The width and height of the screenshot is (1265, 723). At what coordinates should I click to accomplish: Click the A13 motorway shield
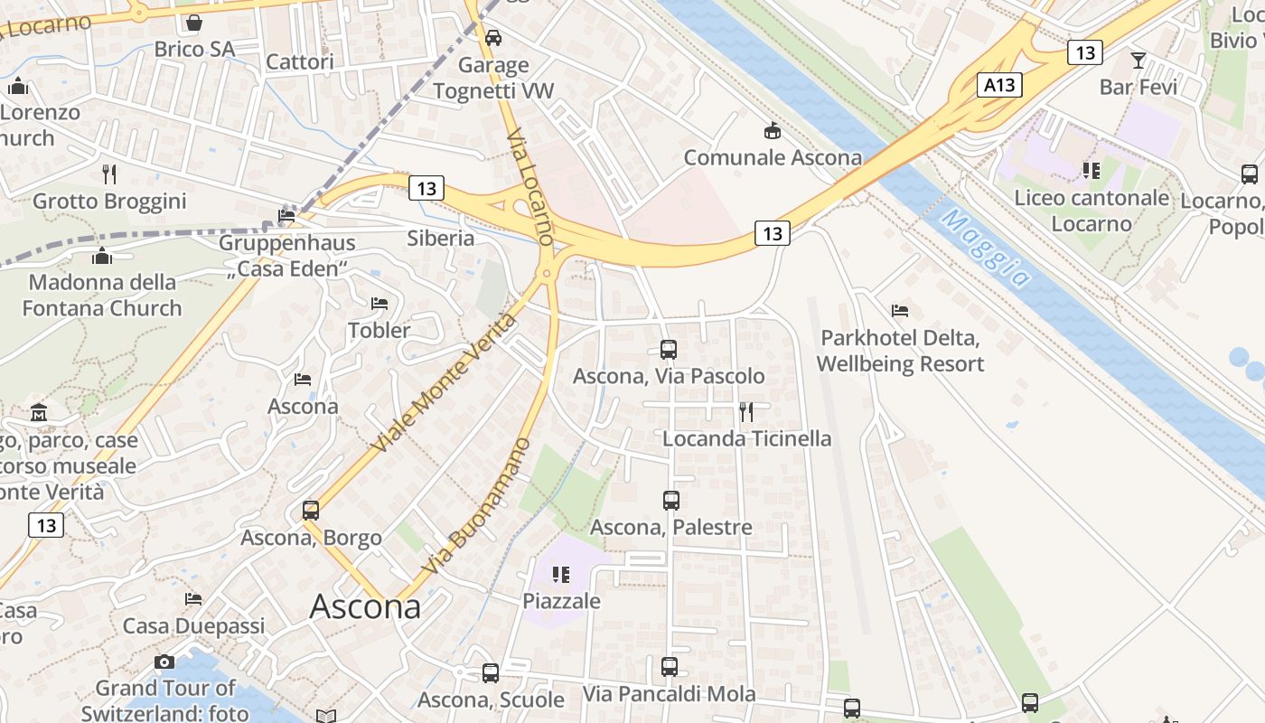1000,86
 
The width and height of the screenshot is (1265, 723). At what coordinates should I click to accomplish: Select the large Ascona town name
365,606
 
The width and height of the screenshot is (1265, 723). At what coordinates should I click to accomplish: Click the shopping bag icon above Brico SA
194,23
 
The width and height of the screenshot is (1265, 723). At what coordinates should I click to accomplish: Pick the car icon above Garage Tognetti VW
493,38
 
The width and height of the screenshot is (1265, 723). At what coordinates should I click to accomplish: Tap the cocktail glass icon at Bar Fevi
1138,61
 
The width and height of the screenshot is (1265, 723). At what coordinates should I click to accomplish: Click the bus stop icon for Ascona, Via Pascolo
669,349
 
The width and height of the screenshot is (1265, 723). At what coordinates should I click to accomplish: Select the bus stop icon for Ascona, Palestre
671,500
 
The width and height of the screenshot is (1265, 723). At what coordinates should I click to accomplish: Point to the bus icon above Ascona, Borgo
311,511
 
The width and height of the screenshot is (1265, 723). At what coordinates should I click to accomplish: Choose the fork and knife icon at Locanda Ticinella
746,412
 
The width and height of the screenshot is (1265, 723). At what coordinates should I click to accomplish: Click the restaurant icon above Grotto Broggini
109,174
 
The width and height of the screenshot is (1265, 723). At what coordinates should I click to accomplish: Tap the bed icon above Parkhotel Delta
900,311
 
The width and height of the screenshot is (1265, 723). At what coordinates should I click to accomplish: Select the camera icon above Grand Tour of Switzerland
164,662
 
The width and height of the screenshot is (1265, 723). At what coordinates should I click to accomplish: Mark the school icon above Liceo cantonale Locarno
1092,170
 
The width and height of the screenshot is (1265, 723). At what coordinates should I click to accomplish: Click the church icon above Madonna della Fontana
102,256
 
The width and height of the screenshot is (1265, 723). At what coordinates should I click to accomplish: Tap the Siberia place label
441,239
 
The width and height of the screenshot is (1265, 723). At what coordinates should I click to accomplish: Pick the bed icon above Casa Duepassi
193,599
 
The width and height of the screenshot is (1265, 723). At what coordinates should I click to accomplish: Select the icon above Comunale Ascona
773,132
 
